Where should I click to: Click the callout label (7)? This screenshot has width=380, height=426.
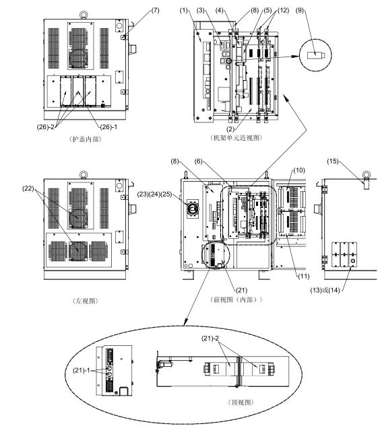coord(155,10)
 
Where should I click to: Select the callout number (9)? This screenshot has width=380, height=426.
coord(299,10)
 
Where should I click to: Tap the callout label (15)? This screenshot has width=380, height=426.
coord(333,161)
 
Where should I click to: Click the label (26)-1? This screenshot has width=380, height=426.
coord(108,127)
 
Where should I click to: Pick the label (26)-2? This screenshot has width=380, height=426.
coord(45,127)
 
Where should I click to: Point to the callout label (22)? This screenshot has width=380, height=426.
coord(28,188)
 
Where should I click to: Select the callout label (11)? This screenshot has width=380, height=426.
coord(304,277)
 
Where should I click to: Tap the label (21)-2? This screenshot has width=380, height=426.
coord(210,339)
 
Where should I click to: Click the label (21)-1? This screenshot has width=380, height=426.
coord(81,370)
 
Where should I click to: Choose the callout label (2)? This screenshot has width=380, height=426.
coord(230,129)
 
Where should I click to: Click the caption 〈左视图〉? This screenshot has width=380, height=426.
coord(85,301)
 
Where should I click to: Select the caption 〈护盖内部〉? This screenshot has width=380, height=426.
coord(85,139)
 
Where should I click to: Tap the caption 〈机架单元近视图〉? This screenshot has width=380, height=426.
coord(236,138)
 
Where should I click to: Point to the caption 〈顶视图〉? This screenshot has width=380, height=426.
coord(241,402)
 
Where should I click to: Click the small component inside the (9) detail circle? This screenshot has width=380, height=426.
coord(316,55)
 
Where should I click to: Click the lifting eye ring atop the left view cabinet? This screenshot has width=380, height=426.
coord(84,174)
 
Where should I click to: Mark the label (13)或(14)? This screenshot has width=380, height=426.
coord(325,290)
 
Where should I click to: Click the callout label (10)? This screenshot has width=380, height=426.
coord(299,170)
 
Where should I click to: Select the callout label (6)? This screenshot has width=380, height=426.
coord(199,161)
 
